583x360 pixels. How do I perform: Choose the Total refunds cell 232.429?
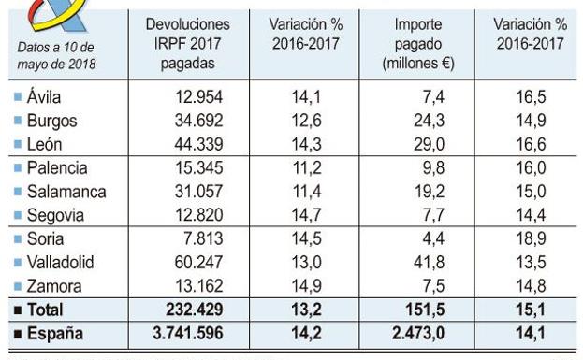(207, 310)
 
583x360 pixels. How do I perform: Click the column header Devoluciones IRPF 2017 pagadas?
(188, 44)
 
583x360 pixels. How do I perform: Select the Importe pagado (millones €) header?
(417, 44)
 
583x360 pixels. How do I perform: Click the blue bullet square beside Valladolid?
(19, 264)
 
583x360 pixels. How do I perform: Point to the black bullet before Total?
(18, 310)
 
